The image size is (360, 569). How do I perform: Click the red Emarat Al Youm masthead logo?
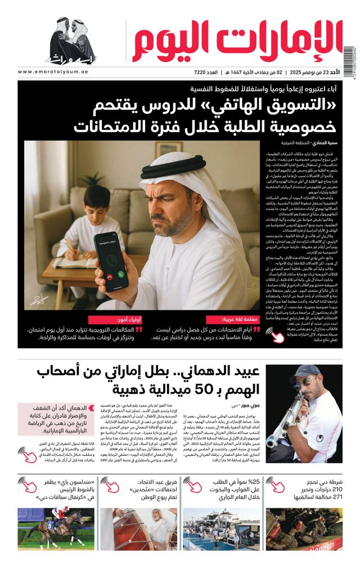237,41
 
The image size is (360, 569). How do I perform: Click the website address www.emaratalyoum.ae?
51,71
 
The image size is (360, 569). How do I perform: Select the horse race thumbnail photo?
48,528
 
